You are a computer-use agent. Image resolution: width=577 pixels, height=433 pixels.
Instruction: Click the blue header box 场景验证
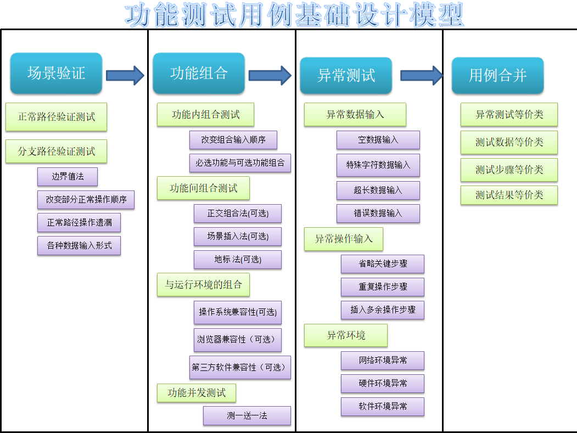57,73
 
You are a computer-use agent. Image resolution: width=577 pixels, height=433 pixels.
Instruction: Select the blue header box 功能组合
199,73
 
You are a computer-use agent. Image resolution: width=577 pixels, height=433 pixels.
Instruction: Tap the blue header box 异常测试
346,75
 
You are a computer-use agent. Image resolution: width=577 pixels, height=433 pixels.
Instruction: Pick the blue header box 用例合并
497,75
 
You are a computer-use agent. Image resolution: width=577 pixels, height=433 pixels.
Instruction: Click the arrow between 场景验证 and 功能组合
125,75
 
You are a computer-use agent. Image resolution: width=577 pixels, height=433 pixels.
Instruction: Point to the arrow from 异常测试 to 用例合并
422,75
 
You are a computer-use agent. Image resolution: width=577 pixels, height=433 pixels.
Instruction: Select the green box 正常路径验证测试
57,117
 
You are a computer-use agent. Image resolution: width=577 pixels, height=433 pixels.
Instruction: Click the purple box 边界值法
68,177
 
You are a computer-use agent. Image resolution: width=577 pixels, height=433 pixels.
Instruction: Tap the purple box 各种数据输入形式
79,246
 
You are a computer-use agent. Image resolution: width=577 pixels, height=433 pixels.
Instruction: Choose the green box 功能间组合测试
203,188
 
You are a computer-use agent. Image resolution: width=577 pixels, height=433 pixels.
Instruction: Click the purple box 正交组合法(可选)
238,213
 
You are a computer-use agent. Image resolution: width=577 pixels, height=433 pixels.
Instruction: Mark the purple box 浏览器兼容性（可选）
238,340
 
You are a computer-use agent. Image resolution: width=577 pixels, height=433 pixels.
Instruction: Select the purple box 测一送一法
247,415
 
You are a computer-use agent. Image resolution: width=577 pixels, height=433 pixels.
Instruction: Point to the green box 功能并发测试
197,393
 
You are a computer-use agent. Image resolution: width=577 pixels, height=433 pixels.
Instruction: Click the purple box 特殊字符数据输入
378,165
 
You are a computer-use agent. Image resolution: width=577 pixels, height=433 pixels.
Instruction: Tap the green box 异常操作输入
344,239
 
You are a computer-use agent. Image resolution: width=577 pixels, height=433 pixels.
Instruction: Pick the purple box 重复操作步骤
383,287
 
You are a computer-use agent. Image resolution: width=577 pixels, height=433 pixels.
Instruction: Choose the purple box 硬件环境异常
383,384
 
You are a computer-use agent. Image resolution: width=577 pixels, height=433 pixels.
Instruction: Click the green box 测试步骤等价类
509,170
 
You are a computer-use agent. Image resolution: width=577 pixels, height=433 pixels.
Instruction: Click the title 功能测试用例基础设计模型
294,15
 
